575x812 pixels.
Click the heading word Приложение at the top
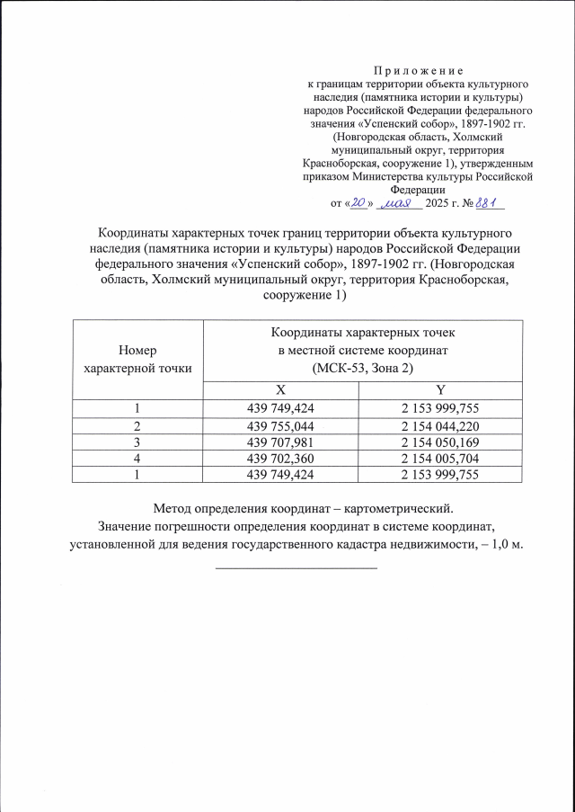point(419,69)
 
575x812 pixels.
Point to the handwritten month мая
point(395,204)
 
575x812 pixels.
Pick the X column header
point(280,390)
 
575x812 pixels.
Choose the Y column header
point(440,390)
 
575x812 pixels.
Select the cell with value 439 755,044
point(281,424)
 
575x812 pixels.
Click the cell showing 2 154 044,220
point(440,424)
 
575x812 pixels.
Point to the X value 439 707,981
point(281,441)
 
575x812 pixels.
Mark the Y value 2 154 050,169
point(440,441)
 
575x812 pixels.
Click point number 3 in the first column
point(137,441)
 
